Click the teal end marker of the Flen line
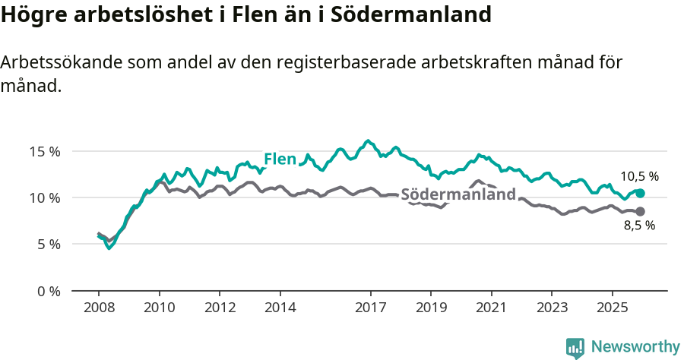click(640, 193)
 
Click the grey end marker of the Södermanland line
click(640, 211)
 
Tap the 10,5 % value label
click(639, 176)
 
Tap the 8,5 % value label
click(639, 226)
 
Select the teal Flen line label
click(280, 159)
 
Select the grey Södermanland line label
click(458, 194)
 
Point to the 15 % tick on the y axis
click(45, 151)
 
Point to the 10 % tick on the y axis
click(45, 198)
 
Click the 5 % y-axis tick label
click(48, 245)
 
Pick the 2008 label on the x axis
click(99, 308)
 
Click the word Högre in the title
click(33, 14)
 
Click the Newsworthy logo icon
click(575, 347)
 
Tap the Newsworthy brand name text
click(635, 347)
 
